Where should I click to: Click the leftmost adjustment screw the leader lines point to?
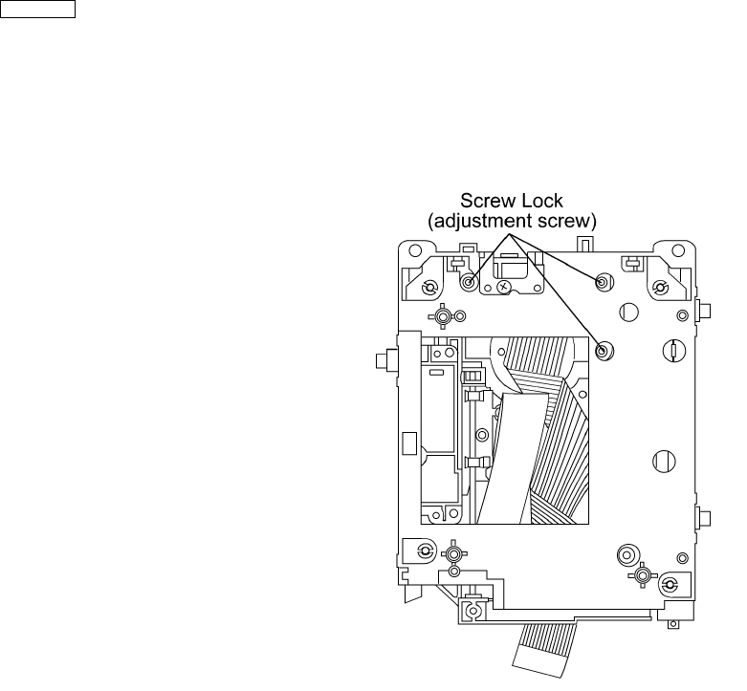(470, 283)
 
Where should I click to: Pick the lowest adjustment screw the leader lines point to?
(604, 351)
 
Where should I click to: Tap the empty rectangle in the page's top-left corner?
(38, 11)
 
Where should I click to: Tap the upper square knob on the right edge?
(703, 310)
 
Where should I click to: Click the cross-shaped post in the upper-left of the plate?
(443, 316)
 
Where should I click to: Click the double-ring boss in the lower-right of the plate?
(628, 553)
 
